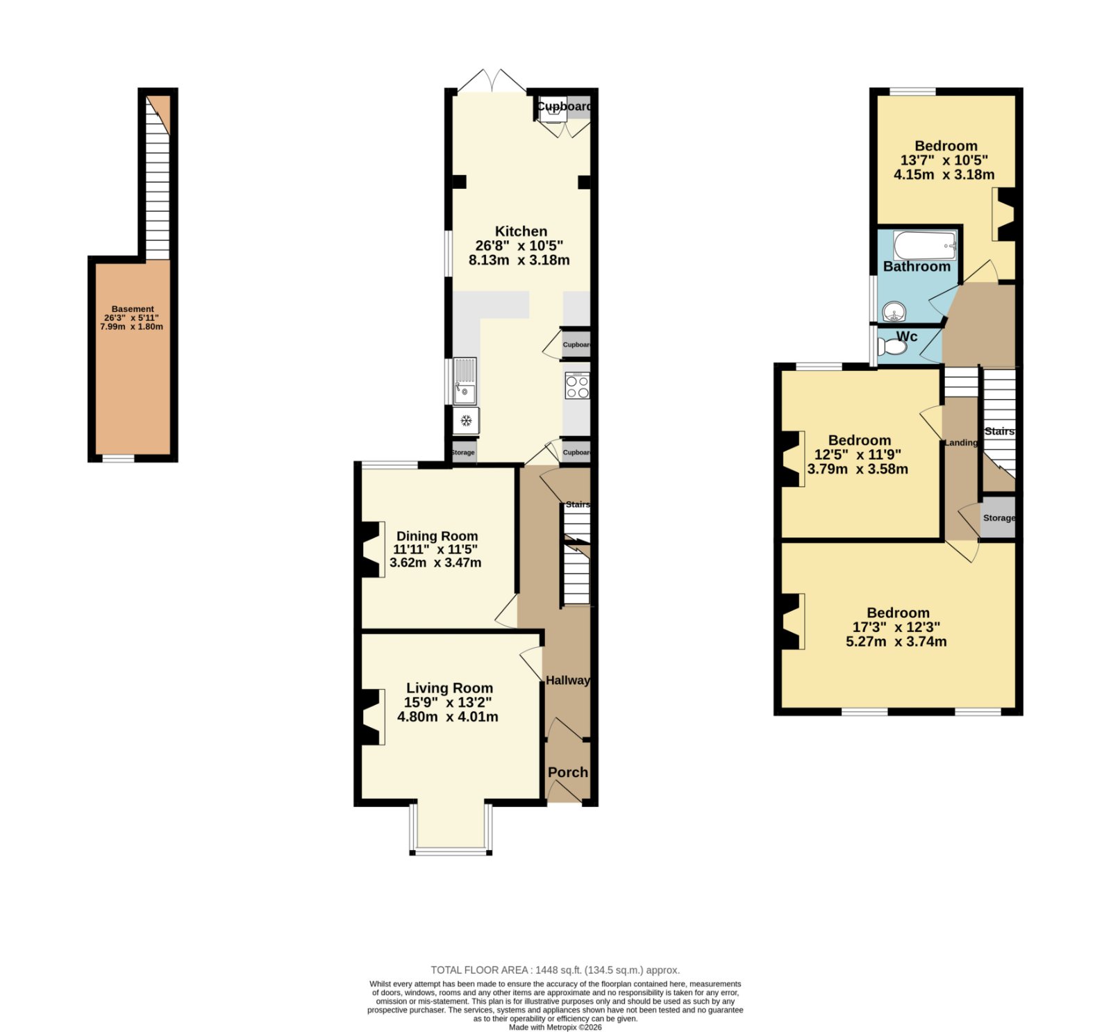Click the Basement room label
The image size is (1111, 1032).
click(133, 309)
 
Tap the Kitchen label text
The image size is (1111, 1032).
click(521, 231)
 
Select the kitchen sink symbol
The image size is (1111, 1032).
click(465, 381)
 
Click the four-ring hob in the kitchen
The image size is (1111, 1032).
click(577, 386)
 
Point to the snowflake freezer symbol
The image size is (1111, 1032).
click(467, 420)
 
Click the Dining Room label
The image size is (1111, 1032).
click(437, 536)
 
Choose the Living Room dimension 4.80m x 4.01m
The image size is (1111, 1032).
click(447, 717)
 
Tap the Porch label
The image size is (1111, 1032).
click(568, 772)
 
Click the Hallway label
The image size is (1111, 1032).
click(567, 680)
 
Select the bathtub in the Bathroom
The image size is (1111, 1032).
click(925, 245)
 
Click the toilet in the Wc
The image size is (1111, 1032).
click(892, 345)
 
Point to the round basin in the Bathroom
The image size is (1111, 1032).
click(895, 312)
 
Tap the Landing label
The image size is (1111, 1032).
click(960, 442)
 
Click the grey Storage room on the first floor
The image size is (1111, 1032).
click(999, 517)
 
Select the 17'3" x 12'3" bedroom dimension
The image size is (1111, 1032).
click(896, 627)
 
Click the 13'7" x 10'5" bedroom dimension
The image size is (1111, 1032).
click(944, 160)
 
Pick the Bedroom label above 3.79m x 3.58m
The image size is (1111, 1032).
click(860, 440)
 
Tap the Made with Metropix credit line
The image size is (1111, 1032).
click(555, 1027)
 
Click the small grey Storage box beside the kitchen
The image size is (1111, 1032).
click(464, 453)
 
